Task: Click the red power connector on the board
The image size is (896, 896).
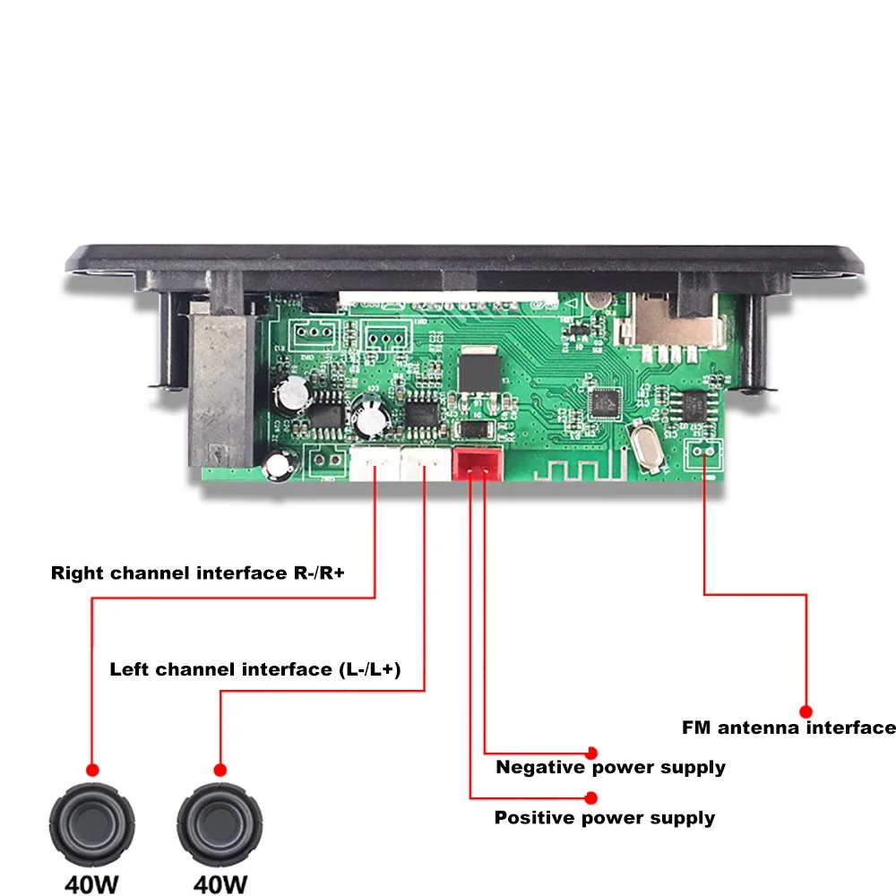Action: click(476, 464)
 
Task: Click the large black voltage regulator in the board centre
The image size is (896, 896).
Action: click(477, 372)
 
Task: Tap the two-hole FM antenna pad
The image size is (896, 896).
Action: click(704, 453)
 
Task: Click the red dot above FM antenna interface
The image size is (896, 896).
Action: click(806, 710)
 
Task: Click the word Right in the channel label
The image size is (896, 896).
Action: click(77, 573)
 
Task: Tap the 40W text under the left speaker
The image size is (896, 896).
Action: click(91, 883)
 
